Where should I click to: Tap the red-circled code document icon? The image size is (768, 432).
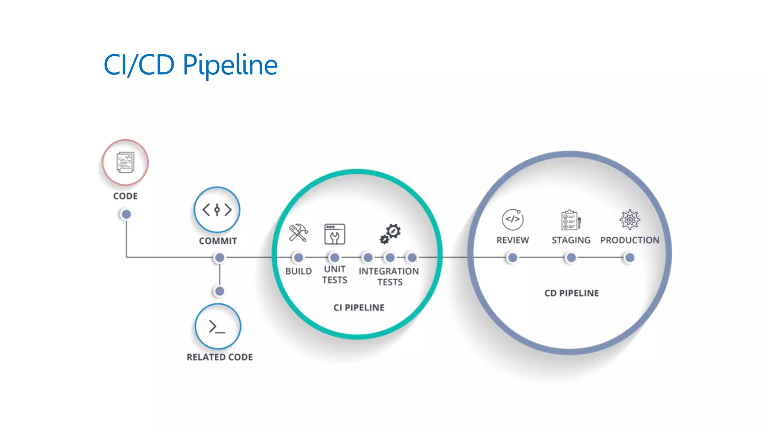pyautogui.click(x=125, y=162)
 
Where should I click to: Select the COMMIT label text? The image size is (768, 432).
pyautogui.click(x=218, y=241)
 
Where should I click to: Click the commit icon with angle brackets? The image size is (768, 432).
pyautogui.click(x=217, y=210)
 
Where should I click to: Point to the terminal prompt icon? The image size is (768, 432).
pyautogui.click(x=217, y=327)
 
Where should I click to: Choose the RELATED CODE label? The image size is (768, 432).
pyautogui.click(x=220, y=357)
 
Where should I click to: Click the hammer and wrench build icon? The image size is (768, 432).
pyautogui.click(x=298, y=233)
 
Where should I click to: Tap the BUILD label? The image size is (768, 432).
pyautogui.click(x=298, y=271)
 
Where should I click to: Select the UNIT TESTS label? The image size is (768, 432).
pyautogui.click(x=334, y=274)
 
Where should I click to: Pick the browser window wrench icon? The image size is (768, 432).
pyautogui.click(x=334, y=234)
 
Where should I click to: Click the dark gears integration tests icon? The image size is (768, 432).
pyautogui.click(x=390, y=234)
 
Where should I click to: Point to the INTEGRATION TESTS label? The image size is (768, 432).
pyautogui.click(x=389, y=276)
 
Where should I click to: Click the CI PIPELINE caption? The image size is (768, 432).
pyautogui.click(x=359, y=307)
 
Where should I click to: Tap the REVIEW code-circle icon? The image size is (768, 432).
pyautogui.click(x=513, y=219)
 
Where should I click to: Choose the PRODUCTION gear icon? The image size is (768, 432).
pyautogui.click(x=630, y=219)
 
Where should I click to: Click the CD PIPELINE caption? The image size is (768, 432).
pyautogui.click(x=571, y=293)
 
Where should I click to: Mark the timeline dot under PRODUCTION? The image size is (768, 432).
pyautogui.click(x=630, y=258)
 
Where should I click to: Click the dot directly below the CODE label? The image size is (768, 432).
pyautogui.click(x=126, y=214)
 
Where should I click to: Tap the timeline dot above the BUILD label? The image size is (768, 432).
pyautogui.click(x=298, y=258)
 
